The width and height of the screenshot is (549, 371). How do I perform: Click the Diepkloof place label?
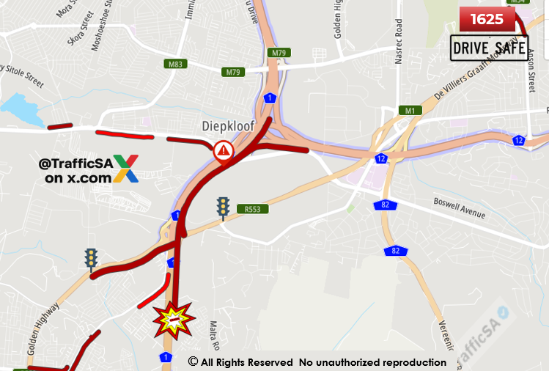pyautogui.click(x=228, y=126)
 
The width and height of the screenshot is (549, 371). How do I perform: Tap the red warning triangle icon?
pyautogui.click(x=224, y=152)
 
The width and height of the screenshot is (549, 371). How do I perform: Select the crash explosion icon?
pyautogui.click(x=172, y=320)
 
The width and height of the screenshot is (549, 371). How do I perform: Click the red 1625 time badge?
pyautogui.click(x=487, y=19)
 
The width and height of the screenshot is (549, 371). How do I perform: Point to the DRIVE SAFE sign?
pyautogui.click(x=490, y=48)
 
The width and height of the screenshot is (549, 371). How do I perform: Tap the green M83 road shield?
pyautogui.click(x=176, y=64)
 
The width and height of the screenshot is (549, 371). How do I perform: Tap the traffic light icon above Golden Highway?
pyautogui.click(x=92, y=260)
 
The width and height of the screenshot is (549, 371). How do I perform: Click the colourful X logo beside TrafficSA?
pyautogui.click(x=125, y=168)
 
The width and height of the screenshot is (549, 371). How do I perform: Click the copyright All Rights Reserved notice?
pyautogui.click(x=317, y=362)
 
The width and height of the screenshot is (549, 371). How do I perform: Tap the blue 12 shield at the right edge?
pyautogui.click(x=519, y=140)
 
